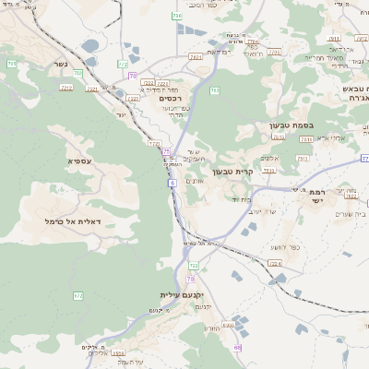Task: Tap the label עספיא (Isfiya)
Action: (x=79, y=161)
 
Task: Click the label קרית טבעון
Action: (x=232, y=171)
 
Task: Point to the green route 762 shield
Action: (x=214, y=90)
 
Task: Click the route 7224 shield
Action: (x=274, y=263)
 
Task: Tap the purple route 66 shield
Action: (x=237, y=348)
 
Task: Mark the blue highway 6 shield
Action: (x=171, y=183)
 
